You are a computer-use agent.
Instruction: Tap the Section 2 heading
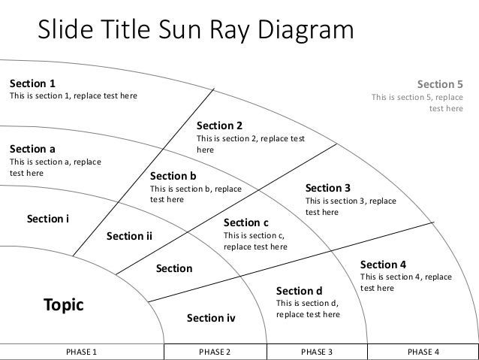pos(219,126)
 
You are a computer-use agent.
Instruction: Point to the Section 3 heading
pos(328,188)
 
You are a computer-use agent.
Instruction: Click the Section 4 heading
pos(383,265)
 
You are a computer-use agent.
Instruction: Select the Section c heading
pos(246,222)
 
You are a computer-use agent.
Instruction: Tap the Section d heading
pos(299,291)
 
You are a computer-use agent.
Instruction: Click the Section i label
pos(48,219)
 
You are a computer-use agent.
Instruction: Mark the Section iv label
pos(211,319)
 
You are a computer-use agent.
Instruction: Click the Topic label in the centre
pos(63,305)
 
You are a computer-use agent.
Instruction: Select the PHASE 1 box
pos(82,352)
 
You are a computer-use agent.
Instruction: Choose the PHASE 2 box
pos(214,352)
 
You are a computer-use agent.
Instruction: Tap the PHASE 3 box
pos(317,352)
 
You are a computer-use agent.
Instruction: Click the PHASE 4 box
pos(423,352)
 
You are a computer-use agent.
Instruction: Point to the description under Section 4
pos(406,283)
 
